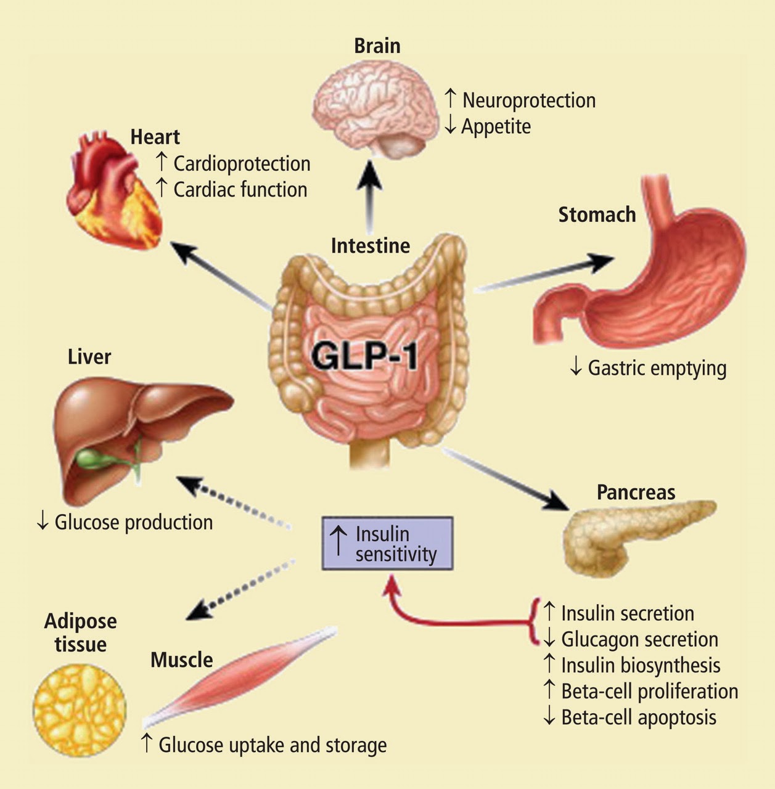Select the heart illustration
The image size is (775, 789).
click(114, 191)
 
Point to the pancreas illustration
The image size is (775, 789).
click(635, 533)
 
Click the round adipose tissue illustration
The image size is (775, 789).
click(79, 710)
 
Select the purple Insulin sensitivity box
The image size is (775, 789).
click(388, 543)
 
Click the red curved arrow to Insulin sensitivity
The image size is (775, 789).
click(444, 619)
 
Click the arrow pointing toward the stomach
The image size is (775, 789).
click(543, 273)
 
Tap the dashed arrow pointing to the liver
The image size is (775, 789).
click(234, 501)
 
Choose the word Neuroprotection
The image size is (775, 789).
click(528, 100)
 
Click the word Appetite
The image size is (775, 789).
click(496, 126)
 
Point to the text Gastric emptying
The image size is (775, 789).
click(657, 369)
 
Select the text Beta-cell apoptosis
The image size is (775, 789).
click(638, 717)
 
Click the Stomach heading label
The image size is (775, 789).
click(597, 215)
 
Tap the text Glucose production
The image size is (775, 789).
click(133, 522)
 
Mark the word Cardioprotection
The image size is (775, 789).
click(242, 164)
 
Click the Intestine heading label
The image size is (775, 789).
click(370, 245)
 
